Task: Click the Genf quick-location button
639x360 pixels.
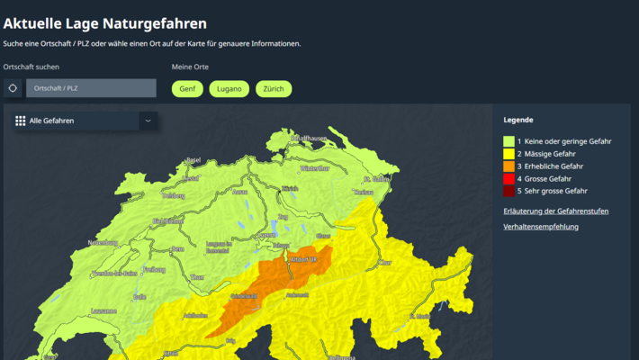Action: point(186,89)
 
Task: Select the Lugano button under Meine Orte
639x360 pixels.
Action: point(229,89)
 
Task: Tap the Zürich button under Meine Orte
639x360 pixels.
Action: point(274,89)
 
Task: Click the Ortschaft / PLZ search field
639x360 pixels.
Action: point(91,88)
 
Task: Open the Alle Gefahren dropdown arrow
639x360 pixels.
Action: point(148,120)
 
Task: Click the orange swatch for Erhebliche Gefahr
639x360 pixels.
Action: point(508,166)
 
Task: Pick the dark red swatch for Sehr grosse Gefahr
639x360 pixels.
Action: point(508,191)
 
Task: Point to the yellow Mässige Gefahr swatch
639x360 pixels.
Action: point(508,154)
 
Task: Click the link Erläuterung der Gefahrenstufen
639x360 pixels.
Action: point(555,211)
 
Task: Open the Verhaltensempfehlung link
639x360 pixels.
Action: point(541,227)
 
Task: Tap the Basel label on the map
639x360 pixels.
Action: point(193,160)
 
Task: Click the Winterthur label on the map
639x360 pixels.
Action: point(315,168)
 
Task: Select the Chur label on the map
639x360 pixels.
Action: point(385,263)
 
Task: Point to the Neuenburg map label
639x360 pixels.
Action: point(103,243)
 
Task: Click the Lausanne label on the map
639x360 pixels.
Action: point(103,310)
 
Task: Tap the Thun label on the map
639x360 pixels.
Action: point(197,277)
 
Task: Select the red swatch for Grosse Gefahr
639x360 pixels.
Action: point(508,179)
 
